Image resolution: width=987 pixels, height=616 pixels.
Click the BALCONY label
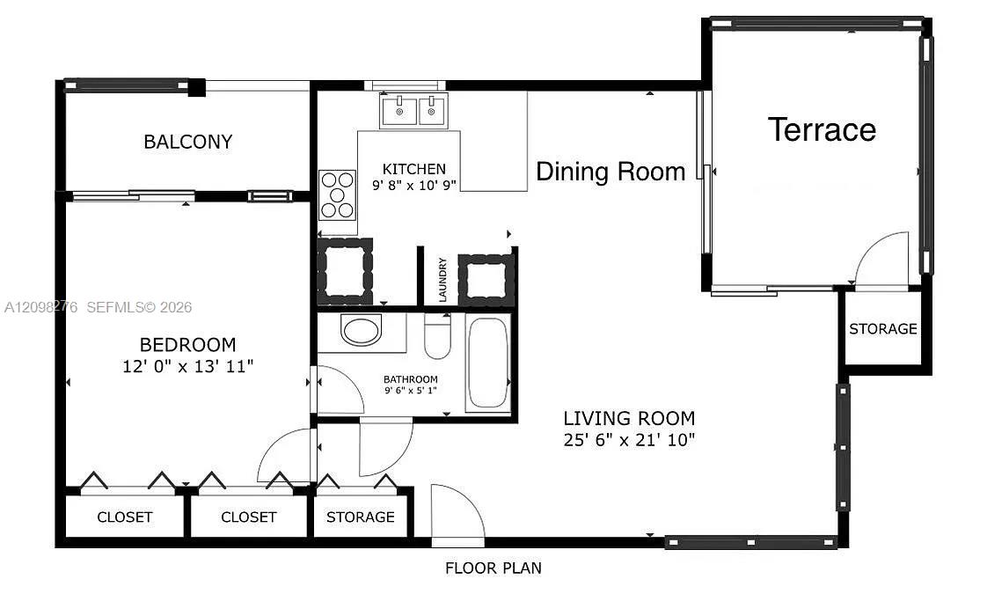[187, 142]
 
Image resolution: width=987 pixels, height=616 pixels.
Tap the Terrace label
[822, 129]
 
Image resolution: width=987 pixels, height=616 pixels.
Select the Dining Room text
[610, 172]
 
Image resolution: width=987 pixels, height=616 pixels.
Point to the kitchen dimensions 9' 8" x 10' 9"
[414, 186]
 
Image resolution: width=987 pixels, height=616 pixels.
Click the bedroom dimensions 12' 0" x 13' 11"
[187, 366]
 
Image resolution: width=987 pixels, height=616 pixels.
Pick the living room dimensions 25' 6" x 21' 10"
[629, 440]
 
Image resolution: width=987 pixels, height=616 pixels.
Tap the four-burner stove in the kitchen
[338, 194]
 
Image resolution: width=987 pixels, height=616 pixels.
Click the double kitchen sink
[413, 111]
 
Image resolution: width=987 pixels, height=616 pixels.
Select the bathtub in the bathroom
[488, 363]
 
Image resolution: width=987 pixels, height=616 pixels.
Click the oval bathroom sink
[362, 330]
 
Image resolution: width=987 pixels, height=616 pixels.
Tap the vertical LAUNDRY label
[442, 279]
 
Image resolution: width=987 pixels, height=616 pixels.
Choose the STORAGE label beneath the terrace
[882, 329]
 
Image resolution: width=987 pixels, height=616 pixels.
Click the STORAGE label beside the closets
[360, 517]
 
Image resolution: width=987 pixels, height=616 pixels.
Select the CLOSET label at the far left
[125, 517]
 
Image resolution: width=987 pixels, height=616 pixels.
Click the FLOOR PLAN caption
[493, 568]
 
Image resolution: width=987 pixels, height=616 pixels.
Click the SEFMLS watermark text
[138, 307]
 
